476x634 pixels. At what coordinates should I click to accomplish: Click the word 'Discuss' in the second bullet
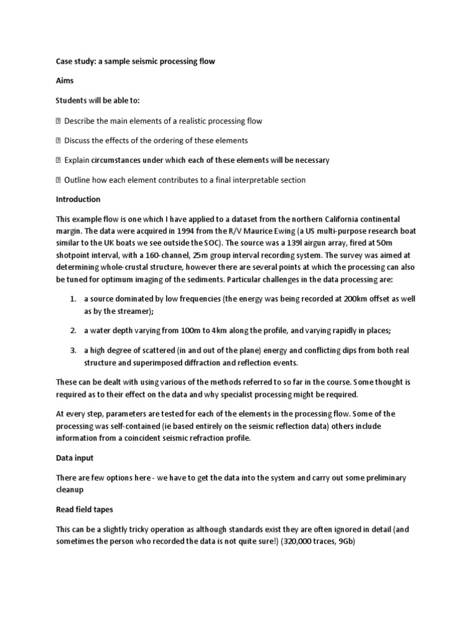pos(78,141)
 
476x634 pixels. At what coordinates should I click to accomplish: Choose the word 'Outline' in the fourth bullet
pos(78,180)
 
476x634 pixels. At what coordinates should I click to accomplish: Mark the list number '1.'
pos(73,299)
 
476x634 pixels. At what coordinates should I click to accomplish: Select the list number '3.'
pos(73,350)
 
